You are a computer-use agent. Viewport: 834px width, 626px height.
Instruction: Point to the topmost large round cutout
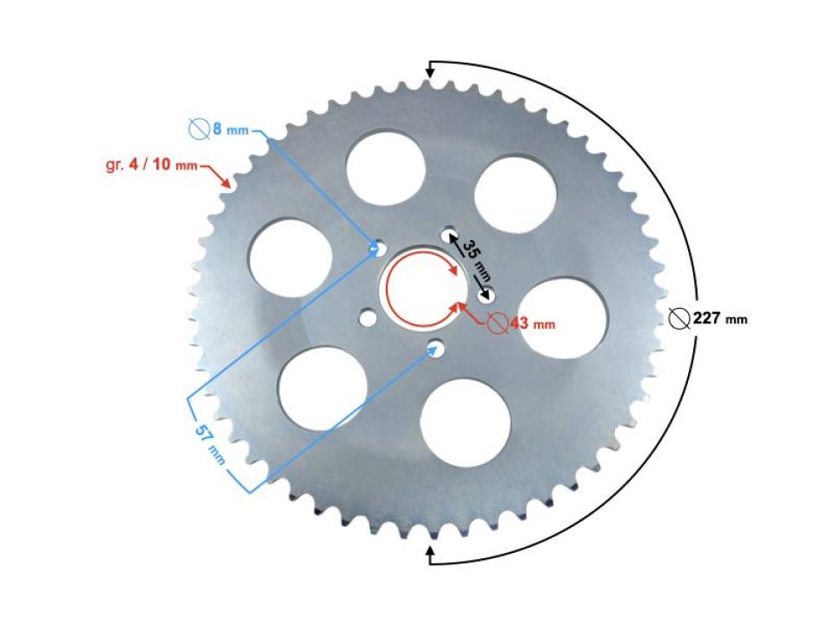click(386, 166)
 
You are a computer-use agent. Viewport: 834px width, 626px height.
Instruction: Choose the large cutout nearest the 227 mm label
click(566, 317)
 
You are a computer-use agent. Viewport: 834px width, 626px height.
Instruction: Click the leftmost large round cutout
click(290, 257)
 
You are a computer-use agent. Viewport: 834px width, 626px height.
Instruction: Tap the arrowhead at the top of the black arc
click(430, 70)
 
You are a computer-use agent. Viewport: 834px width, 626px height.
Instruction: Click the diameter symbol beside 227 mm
click(680, 319)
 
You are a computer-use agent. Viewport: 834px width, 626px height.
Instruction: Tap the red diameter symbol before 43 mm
click(497, 323)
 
